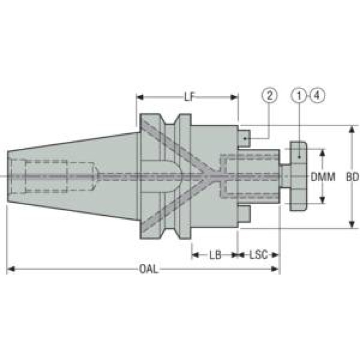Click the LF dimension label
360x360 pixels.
click(189, 97)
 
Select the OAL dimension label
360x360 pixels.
click(149, 269)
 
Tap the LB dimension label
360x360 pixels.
click(215, 255)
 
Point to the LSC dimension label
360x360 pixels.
click(259, 255)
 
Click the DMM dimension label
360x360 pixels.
click(323, 177)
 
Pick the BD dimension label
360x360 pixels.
click(352, 177)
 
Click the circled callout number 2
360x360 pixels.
click(270, 95)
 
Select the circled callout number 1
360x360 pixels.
click(299, 95)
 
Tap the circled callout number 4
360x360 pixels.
click(317, 95)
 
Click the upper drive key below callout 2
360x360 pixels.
click(244, 138)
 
